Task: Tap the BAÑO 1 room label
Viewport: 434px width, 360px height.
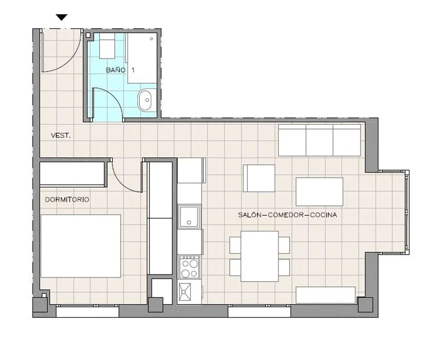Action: coord(120,70)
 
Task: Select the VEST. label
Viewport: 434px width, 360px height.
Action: coord(61,136)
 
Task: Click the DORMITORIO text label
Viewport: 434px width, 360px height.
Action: coord(67,200)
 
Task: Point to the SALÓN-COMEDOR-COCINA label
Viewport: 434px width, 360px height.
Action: coord(287,215)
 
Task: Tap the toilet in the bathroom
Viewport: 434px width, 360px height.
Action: coord(107,46)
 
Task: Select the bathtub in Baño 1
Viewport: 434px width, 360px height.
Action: coord(142,58)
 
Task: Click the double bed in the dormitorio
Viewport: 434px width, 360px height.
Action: coord(81,246)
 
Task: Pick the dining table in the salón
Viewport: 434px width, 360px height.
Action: coord(259,256)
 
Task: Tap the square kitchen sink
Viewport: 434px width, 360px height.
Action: coord(189,216)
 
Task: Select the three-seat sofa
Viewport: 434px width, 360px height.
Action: coord(319,140)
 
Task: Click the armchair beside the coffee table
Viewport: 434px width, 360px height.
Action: coord(259,178)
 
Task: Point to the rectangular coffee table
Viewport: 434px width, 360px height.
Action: coord(319,192)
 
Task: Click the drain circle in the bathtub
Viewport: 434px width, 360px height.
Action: coord(152,39)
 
